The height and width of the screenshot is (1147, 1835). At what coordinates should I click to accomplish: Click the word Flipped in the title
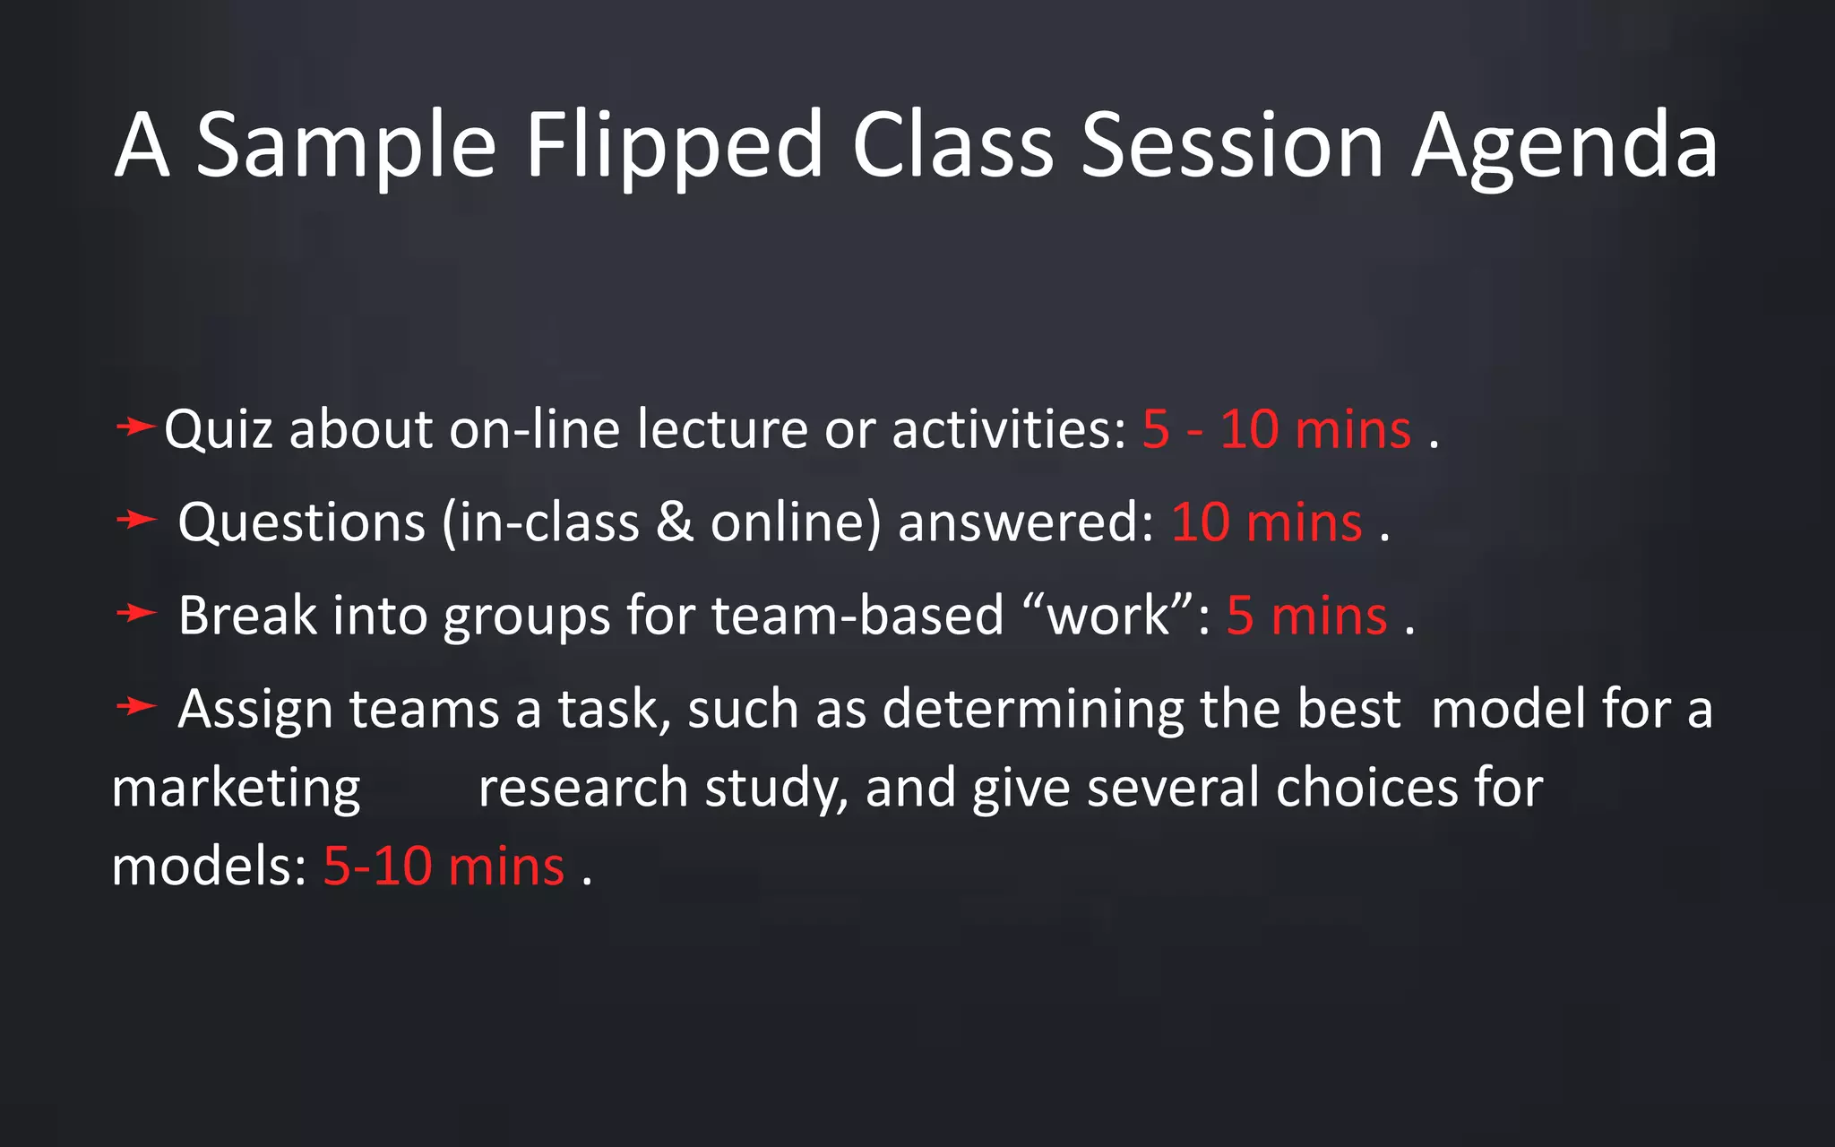click(x=674, y=146)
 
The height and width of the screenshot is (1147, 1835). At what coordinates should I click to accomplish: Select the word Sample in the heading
click(x=346, y=146)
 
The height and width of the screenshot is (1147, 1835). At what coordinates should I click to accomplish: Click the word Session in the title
click(x=1233, y=146)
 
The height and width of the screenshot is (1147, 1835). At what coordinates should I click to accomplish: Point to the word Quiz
click(x=218, y=430)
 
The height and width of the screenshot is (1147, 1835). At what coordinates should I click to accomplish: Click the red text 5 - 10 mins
click(x=1277, y=430)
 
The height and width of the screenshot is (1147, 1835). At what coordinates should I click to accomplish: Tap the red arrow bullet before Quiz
click(x=135, y=427)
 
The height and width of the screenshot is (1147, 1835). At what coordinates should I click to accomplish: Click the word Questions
click(x=301, y=523)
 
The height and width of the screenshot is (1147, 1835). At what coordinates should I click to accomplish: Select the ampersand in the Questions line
click(x=675, y=523)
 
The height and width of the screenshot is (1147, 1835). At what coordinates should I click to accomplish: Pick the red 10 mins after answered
click(x=1267, y=523)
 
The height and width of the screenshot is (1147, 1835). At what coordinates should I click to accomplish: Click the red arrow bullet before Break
click(x=136, y=613)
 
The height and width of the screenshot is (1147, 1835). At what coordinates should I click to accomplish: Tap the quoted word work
click(x=1109, y=617)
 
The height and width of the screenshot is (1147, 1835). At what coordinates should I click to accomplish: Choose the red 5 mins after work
click(x=1306, y=617)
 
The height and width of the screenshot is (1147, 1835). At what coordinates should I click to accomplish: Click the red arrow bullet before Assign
click(x=136, y=706)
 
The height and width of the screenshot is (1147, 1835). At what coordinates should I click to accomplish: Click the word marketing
click(x=236, y=789)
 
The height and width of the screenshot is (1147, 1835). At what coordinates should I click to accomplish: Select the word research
click(x=583, y=789)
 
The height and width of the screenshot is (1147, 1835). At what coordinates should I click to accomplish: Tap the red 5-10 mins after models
click(x=444, y=867)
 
